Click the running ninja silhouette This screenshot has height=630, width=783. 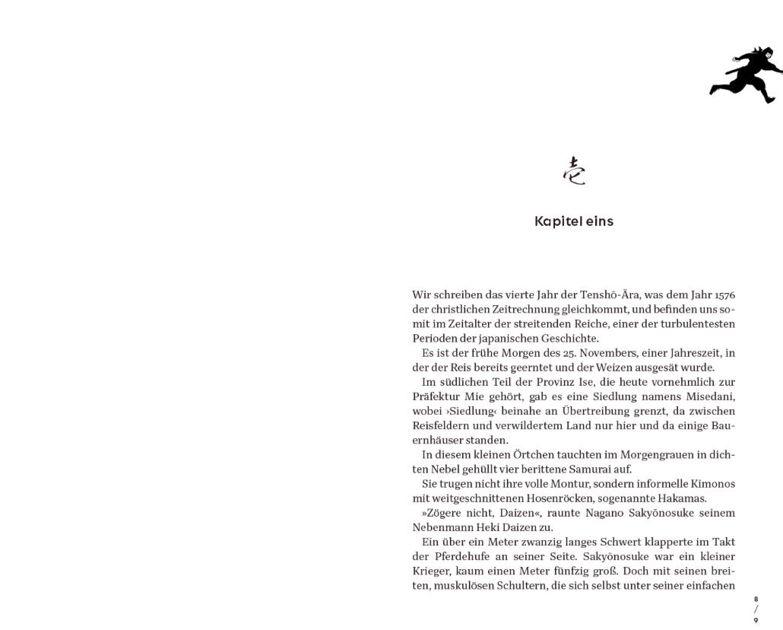pyautogui.click(x=746, y=75)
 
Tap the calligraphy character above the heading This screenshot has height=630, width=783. pyautogui.click(x=574, y=171)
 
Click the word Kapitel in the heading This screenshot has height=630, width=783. pyautogui.click(x=557, y=221)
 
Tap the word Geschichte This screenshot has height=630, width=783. pyautogui.click(x=570, y=339)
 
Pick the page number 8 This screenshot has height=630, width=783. pyautogui.click(x=756, y=600)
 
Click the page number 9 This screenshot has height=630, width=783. pyautogui.click(x=756, y=620)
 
